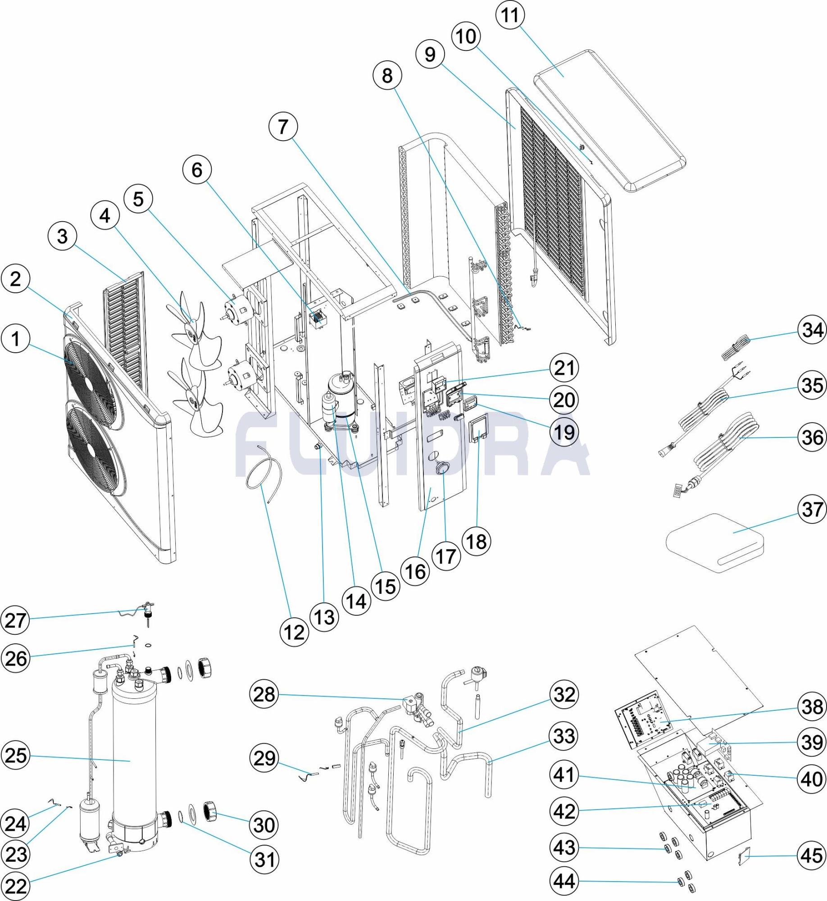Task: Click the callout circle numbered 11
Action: coord(510,15)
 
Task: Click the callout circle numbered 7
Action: coord(283,127)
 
